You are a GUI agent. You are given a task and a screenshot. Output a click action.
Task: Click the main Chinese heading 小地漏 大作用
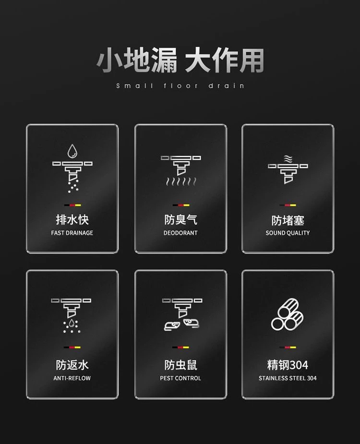coord(180,60)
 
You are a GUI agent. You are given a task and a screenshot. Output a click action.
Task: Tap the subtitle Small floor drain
coord(180,85)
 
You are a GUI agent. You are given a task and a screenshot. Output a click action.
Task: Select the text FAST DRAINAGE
coord(72,233)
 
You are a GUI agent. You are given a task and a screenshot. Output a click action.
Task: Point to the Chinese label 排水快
coord(72,220)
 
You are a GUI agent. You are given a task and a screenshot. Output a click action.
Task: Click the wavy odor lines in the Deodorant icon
coord(181,181)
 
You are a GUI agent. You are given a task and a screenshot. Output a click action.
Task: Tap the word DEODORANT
coord(180,233)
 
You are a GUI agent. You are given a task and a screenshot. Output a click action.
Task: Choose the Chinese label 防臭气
coord(180,220)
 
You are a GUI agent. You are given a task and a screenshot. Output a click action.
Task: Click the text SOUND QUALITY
coord(288,233)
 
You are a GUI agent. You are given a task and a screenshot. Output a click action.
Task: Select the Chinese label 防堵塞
coord(288,221)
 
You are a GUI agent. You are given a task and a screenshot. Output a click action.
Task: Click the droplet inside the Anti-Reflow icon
coord(72,324)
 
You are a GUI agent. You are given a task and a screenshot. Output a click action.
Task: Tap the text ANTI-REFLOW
coord(72,378)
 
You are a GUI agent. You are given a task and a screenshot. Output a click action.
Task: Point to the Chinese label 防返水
coord(72,365)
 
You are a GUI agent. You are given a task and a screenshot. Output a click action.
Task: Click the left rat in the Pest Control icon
coord(172,326)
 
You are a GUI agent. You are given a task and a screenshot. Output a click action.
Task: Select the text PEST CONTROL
coord(180,378)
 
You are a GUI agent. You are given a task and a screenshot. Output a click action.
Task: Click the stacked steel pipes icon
coord(287,314)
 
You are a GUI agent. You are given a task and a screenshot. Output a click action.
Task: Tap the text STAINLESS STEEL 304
coord(288,378)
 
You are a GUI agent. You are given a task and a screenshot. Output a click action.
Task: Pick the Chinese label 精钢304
coord(288,365)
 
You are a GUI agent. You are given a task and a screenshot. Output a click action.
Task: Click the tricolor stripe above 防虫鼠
coord(180,347)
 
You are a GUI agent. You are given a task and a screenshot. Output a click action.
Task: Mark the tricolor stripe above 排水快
coord(72,205)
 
